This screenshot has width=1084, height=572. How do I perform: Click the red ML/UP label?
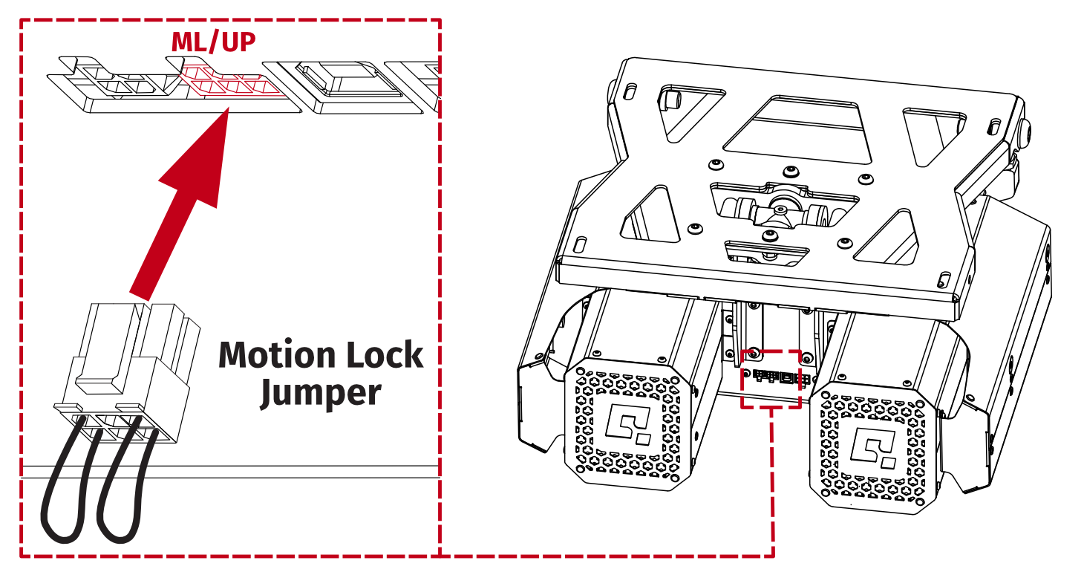click(213, 42)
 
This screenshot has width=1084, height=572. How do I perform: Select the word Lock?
click(382, 355)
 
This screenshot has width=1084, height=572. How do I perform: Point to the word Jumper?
click(320, 391)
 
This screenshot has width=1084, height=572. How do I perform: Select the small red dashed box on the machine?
click(771, 379)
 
